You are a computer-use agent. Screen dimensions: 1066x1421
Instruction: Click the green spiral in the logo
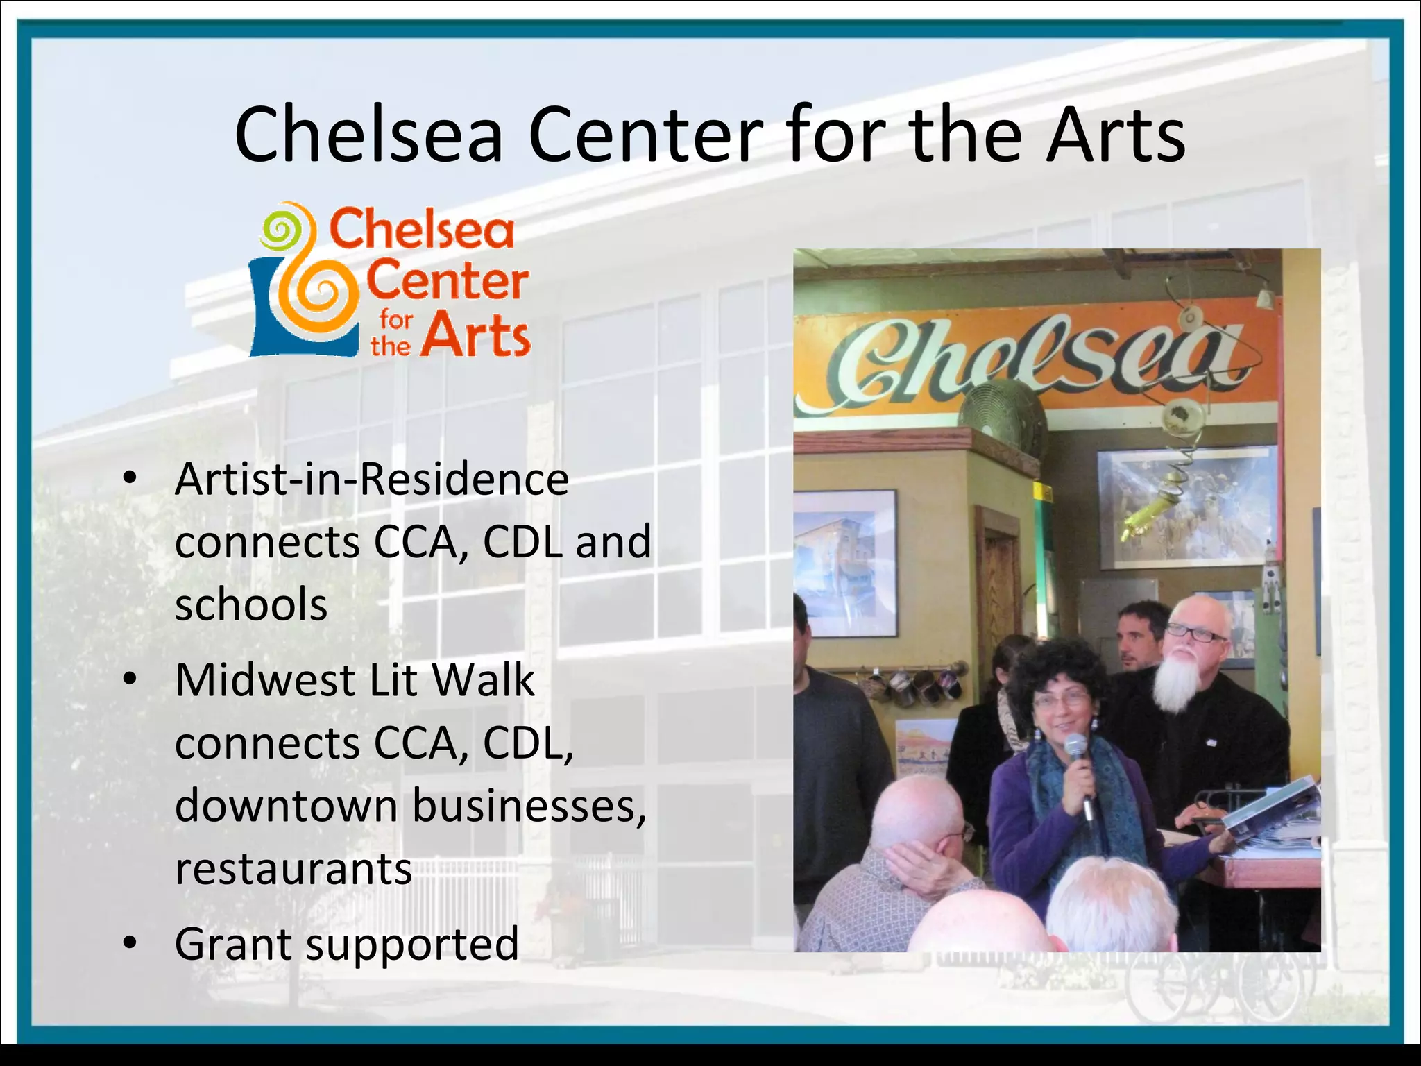(280, 230)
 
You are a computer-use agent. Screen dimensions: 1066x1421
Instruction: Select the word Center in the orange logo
(447, 280)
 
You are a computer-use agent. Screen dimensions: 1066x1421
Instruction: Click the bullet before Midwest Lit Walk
(129, 679)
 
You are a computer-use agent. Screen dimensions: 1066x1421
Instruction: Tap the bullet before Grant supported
(129, 944)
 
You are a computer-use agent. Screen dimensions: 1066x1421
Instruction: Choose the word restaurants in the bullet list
(293, 868)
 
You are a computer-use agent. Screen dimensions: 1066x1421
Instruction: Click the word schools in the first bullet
(251, 604)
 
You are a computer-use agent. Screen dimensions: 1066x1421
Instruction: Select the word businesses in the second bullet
(529, 806)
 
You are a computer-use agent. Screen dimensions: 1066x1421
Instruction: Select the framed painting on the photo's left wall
(846, 562)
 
